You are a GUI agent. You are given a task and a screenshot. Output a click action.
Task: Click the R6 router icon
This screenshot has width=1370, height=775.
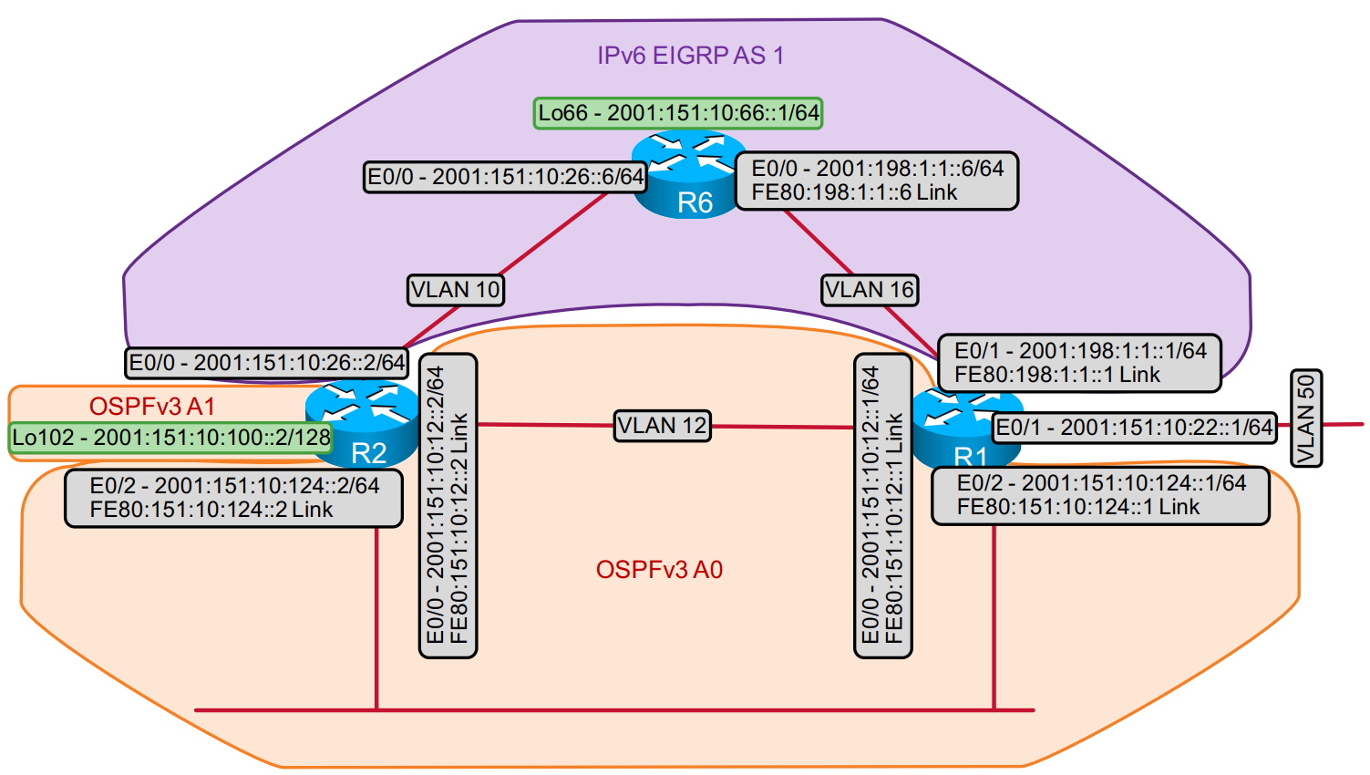(x=688, y=178)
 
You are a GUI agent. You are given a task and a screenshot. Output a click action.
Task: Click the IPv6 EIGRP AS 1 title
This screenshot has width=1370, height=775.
(x=690, y=56)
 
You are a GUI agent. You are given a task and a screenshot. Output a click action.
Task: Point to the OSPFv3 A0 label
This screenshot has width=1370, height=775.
(x=659, y=570)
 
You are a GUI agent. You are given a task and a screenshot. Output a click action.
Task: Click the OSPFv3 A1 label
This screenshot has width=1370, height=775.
(x=151, y=406)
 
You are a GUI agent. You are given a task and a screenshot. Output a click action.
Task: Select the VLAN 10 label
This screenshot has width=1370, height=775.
(x=455, y=290)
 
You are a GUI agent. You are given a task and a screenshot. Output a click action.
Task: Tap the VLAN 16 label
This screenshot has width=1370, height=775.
(x=869, y=290)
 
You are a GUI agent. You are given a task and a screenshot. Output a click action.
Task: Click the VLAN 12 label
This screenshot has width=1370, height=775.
(x=662, y=426)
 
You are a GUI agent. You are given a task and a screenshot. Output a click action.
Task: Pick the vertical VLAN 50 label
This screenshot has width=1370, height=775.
(x=1306, y=418)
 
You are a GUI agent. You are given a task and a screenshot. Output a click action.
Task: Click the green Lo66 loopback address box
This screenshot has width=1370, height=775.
(x=678, y=113)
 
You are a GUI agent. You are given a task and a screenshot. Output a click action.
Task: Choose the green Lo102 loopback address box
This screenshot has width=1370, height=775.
(x=170, y=438)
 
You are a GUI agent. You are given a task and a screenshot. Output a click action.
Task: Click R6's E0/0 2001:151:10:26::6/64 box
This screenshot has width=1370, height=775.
(x=505, y=177)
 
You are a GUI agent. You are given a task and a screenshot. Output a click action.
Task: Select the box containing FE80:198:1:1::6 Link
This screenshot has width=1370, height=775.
(x=876, y=181)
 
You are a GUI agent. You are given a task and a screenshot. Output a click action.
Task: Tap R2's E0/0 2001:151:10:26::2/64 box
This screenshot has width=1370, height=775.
(x=266, y=363)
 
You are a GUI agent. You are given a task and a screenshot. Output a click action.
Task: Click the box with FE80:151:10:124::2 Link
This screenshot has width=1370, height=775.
(x=233, y=498)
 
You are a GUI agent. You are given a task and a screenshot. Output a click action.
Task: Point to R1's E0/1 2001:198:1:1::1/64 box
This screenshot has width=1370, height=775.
(x=1079, y=363)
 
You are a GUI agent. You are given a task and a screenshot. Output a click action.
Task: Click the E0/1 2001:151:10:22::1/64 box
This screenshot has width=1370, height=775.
(x=1133, y=428)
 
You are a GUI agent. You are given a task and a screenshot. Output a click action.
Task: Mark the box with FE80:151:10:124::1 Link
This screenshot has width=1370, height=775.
(x=1100, y=495)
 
